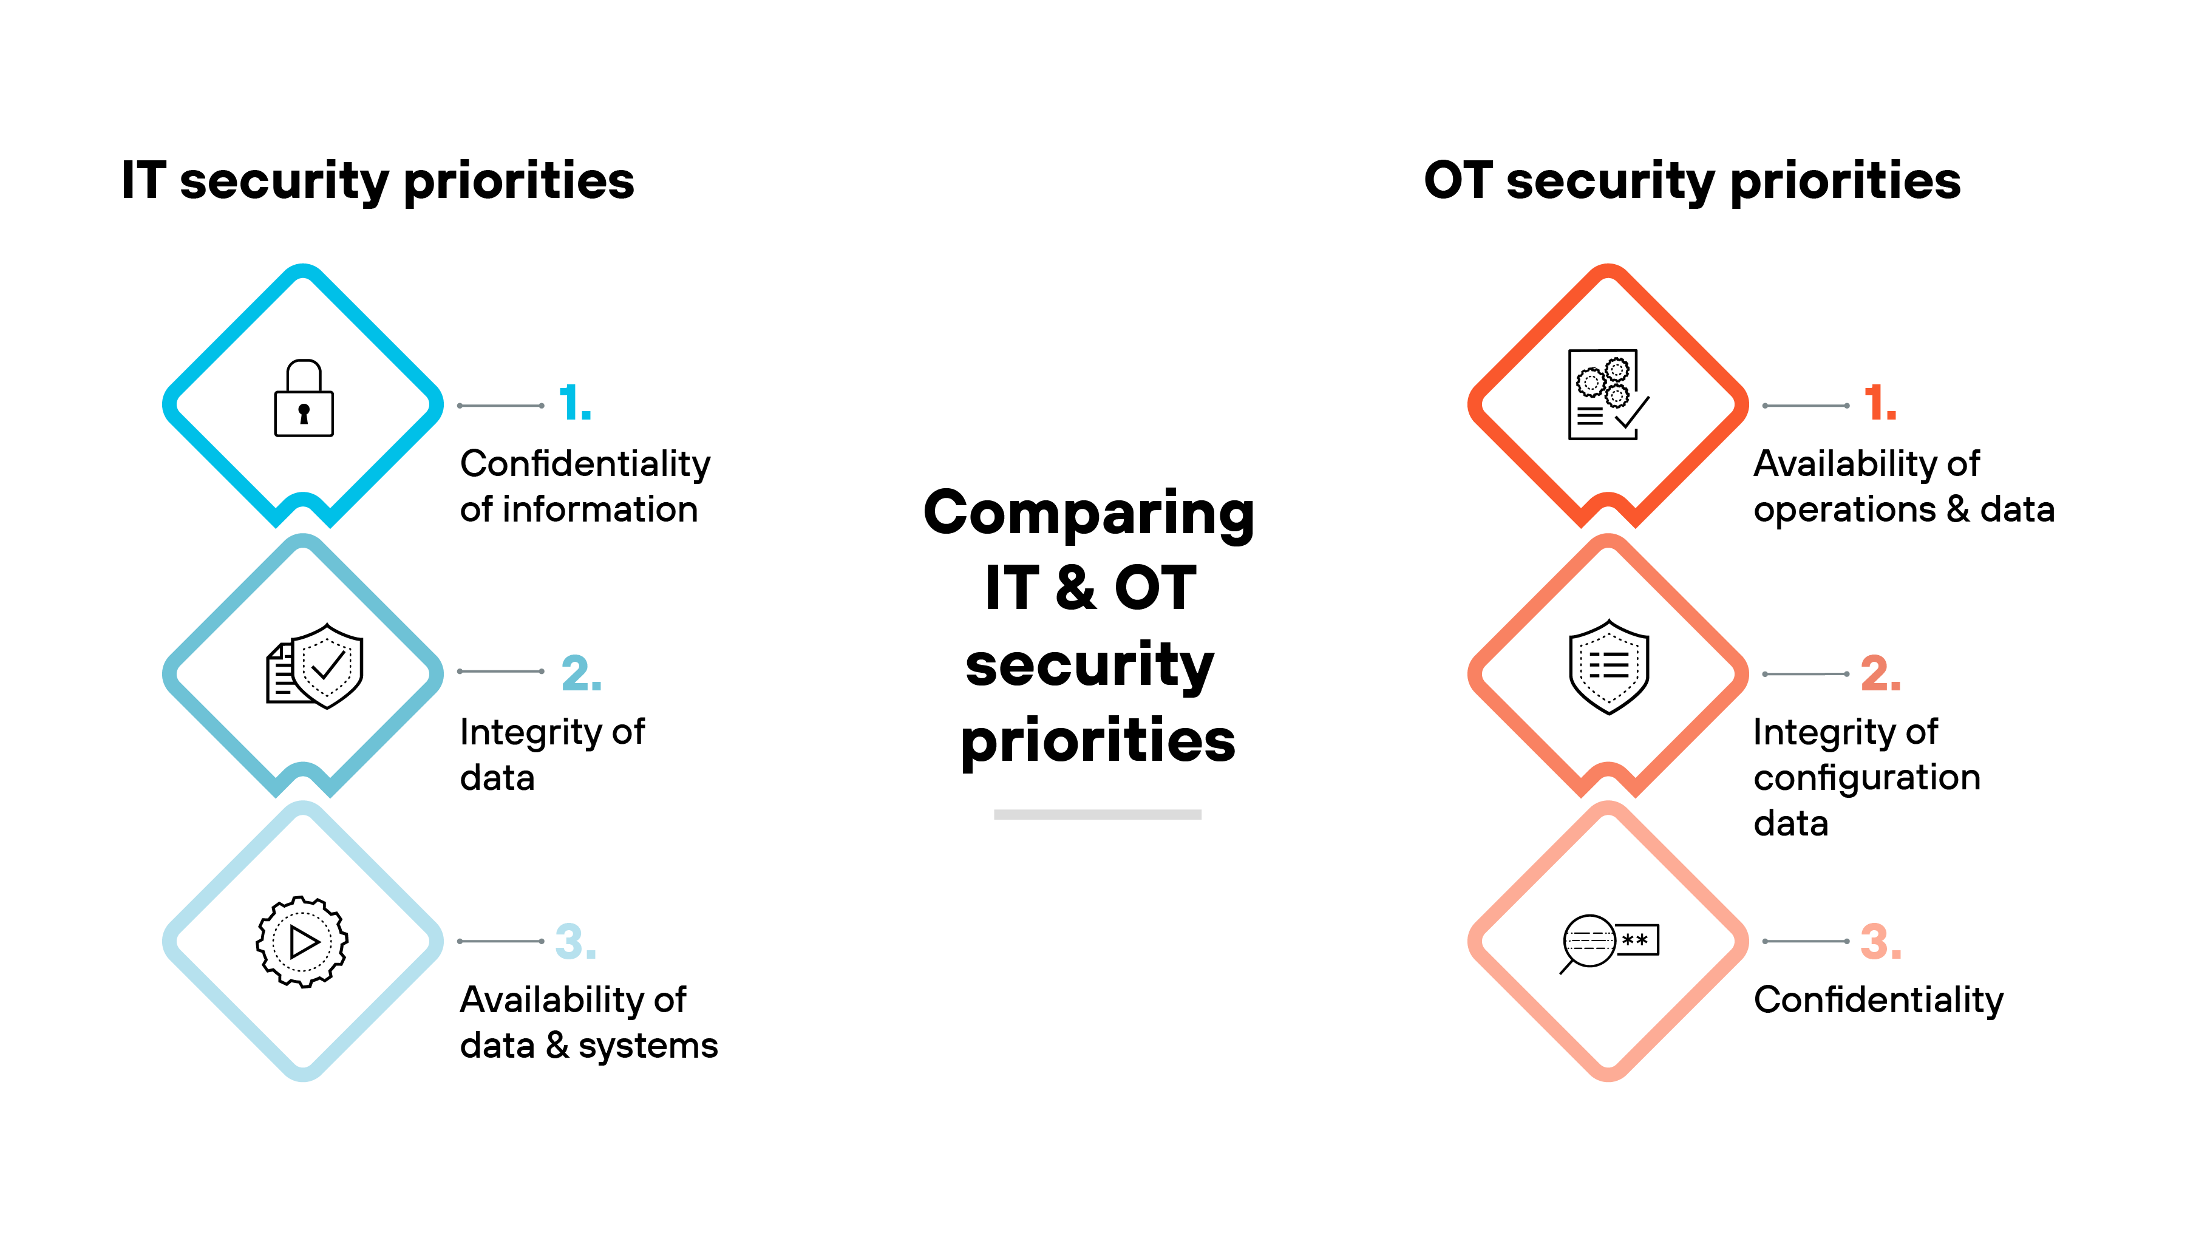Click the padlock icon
pyautogui.click(x=304, y=399)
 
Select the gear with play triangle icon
pyautogui.click(x=302, y=942)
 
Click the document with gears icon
pyautogui.click(x=1607, y=394)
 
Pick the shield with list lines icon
pyautogui.click(x=1609, y=667)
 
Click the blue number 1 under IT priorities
pyautogui.click(x=574, y=403)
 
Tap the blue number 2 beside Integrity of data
pyautogui.click(x=582, y=673)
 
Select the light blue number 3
pyautogui.click(x=576, y=942)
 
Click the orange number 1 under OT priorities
pyautogui.click(x=1880, y=403)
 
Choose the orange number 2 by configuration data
pyautogui.click(x=1880, y=673)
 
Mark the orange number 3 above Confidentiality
pyautogui.click(x=1880, y=942)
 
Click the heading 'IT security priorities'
pyautogui.click(x=378, y=182)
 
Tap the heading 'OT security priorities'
pyautogui.click(x=1692, y=182)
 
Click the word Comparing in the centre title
pyautogui.click(x=1089, y=514)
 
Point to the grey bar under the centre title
pyautogui.click(x=1097, y=815)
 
